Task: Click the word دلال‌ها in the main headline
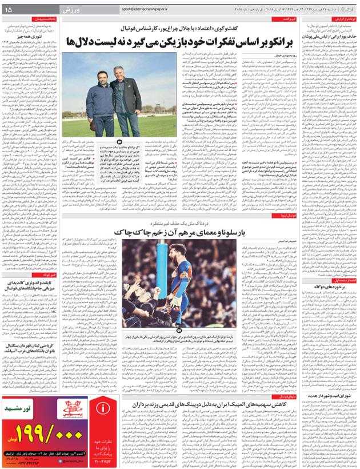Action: [82, 42]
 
